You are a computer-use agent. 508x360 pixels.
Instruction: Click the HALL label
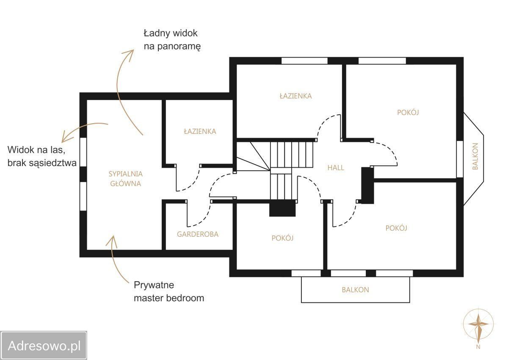(x=336, y=168)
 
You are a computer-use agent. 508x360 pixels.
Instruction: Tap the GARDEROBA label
(x=198, y=234)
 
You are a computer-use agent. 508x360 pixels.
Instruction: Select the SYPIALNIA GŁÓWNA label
(x=125, y=179)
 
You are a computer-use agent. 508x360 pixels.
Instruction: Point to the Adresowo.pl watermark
(x=44, y=346)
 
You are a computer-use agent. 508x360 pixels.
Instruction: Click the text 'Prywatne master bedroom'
(x=169, y=291)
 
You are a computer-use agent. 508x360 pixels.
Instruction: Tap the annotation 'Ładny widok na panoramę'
(x=172, y=40)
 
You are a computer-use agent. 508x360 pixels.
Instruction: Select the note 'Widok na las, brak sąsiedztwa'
(x=42, y=156)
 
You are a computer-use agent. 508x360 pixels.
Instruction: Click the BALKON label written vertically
(x=475, y=156)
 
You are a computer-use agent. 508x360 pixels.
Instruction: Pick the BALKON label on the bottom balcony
(x=355, y=290)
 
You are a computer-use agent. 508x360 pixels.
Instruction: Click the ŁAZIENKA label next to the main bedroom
(x=200, y=131)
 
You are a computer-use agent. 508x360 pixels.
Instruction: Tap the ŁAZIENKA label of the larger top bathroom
(x=296, y=96)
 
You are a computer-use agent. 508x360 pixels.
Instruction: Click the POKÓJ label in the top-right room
(x=408, y=112)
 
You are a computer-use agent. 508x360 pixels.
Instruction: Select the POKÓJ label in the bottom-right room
(x=396, y=228)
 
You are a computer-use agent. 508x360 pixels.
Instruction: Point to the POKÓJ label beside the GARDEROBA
(x=282, y=238)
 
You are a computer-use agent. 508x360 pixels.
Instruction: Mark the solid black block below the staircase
(x=282, y=208)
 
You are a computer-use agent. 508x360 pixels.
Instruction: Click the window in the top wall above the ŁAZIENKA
(x=304, y=61)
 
